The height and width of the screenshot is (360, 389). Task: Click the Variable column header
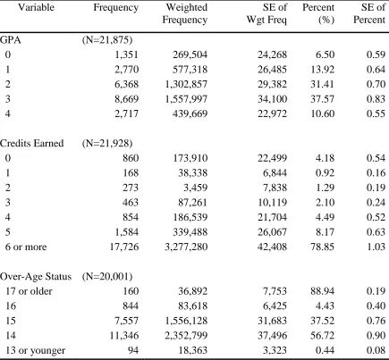(37, 7)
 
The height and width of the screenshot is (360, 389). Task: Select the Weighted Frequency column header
(185, 13)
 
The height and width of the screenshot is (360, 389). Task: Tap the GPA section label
(11, 39)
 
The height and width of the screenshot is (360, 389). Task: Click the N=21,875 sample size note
(107, 40)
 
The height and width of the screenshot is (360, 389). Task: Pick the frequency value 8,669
(127, 99)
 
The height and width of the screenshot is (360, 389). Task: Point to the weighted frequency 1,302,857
(186, 84)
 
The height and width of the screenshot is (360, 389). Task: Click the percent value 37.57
(323, 99)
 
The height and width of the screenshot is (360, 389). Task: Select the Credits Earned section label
(32, 143)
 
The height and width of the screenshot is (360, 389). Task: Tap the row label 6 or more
(26, 247)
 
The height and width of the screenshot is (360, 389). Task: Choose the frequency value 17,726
(124, 247)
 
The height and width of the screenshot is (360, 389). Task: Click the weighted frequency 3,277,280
(186, 247)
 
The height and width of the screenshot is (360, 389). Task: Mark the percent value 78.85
(323, 247)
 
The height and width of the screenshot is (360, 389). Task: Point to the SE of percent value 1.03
(376, 247)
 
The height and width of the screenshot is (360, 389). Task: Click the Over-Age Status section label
(36, 277)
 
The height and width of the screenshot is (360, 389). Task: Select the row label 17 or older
(29, 291)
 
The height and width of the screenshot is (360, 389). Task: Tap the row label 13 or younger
(35, 350)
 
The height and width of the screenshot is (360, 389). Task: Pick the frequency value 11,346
(124, 336)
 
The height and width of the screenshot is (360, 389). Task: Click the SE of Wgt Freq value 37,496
(273, 336)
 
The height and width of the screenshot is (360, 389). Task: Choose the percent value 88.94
(323, 291)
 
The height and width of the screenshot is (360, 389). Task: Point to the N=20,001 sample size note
(107, 277)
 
